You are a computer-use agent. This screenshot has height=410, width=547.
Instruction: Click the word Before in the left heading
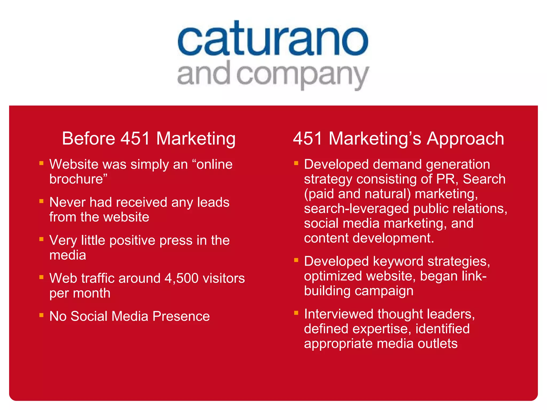[88, 139]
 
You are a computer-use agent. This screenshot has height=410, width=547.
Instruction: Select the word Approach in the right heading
[465, 139]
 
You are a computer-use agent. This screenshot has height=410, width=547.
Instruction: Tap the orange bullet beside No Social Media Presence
[41, 315]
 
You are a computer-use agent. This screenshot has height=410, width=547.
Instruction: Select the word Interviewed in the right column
[339, 314]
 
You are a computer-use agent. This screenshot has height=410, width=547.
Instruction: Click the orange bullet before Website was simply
[41, 163]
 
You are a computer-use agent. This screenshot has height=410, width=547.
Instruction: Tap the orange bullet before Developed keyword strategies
[296, 260]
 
